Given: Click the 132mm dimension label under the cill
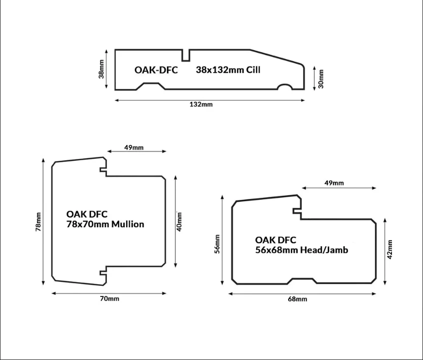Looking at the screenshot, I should pyautogui.click(x=201, y=104).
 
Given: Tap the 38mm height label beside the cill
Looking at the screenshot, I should pyautogui.click(x=101, y=69).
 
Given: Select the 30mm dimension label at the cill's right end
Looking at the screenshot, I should pyautogui.click(x=321, y=78).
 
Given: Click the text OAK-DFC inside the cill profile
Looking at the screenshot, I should pyautogui.click(x=156, y=70).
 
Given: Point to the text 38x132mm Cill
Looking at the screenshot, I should pyautogui.click(x=228, y=70).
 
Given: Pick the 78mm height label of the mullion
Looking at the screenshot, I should pyautogui.click(x=38, y=222).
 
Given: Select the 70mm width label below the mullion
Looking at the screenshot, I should pyautogui.click(x=109, y=298).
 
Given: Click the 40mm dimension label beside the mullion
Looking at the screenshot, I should pyautogui.click(x=179, y=221).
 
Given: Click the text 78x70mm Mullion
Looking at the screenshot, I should pyautogui.click(x=105, y=224).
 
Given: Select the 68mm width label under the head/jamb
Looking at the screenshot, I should pyautogui.click(x=297, y=299).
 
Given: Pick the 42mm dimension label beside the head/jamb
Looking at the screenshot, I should pyautogui.click(x=389, y=250).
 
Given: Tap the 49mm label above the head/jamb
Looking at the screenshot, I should pyautogui.click(x=334, y=183).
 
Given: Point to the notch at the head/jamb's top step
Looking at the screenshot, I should pyautogui.click(x=297, y=211).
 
